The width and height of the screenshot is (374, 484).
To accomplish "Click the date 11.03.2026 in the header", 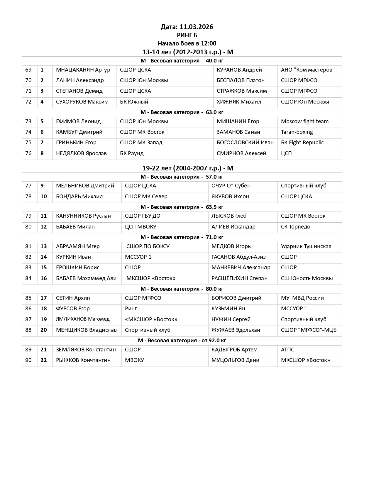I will (x=196, y=27).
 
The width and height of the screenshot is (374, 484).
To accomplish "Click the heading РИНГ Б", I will (x=187, y=35).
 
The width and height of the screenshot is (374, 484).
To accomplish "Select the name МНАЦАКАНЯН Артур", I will (x=83, y=70).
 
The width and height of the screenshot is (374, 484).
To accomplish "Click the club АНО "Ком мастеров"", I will (x=308, y=70).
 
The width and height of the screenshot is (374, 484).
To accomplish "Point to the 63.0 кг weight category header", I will (x=182, y=112).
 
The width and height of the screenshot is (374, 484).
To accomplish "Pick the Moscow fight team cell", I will (x=305, y=121).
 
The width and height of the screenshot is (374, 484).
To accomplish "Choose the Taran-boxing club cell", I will (x=297, y=132).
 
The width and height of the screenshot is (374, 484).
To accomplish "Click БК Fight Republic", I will (x=302, y=143).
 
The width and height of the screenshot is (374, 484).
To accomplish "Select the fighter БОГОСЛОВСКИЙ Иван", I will (x=245, y=143).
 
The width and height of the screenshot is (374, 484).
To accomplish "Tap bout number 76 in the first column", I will (x=28, y=153).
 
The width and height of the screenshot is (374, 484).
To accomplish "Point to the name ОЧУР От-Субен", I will (x=231, y=186).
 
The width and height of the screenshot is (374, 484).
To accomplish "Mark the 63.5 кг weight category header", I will (x=182, y=207).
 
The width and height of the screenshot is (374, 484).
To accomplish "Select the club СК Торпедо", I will (x=295, y=227).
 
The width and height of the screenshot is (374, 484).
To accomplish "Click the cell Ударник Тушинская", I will (x=306, y=246).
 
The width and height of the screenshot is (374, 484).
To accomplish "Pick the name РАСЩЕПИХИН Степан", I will (x=239, y=278).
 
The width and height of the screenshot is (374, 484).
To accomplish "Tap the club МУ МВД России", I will (x=302, y=298).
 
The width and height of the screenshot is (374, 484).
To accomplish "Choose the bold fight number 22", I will (x=44, y=360).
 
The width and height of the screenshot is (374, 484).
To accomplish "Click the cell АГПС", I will (x=287, y=350).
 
